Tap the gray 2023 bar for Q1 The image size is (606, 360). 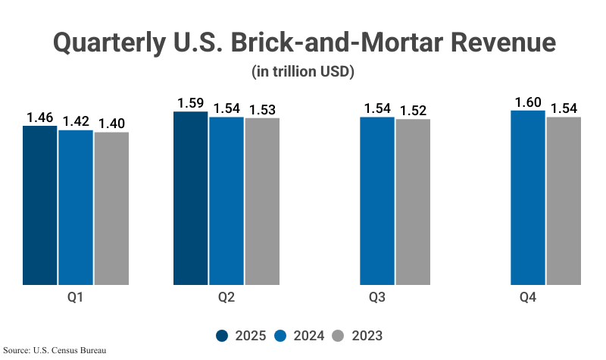click(111, 209)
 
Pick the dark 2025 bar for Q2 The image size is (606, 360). click(191, 199)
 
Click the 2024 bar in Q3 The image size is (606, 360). click(377, 202)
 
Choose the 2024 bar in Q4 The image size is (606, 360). click(528, 199)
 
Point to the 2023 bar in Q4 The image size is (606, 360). click(564, 202)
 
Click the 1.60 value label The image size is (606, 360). click(528, 102)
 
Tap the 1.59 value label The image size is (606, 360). click(191, 103)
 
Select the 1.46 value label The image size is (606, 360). click(39, 117)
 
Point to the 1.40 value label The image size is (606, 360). click(111, 124)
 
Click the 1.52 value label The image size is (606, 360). click(413, 111)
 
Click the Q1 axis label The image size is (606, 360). click(75, 298)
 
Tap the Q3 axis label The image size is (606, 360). click(377, 298)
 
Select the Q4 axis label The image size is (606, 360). click(528, 298)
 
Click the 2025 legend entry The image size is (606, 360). click(240, 336)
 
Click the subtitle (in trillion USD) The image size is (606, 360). click(303, 72)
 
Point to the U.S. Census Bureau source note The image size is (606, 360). click(55, 351)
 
